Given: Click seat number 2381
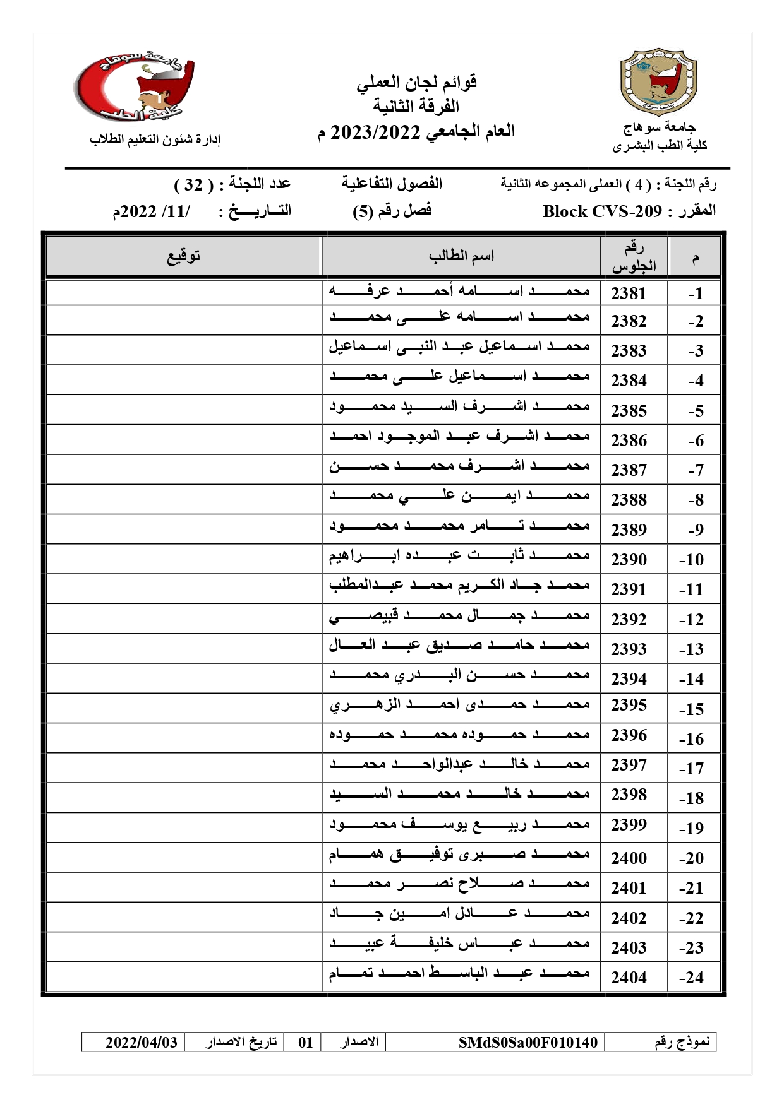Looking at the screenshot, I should (x=629, y=293).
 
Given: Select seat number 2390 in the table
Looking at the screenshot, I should (x=629, y=560).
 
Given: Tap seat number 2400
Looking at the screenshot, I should (x=629, y=858).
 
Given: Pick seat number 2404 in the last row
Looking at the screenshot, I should (x=629, y=978).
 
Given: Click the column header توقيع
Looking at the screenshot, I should (x=183, y=256).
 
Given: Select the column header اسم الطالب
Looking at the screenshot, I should (x=461, y=256).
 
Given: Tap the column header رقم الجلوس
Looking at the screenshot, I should (x=634, y=257).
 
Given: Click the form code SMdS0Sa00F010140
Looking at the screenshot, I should (x=528, y=1042).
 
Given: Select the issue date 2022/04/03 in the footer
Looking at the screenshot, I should (x=142, y=1042).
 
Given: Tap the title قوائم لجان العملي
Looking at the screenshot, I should (x=416, y=82).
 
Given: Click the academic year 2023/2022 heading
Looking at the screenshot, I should (x=416, y=133).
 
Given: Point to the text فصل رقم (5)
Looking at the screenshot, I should (x=392, y=211).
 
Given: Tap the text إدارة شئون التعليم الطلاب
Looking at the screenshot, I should (x=155, y=139).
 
